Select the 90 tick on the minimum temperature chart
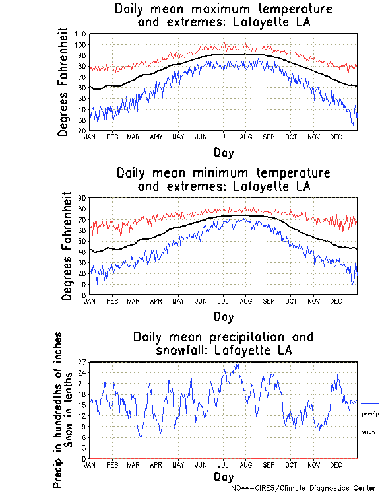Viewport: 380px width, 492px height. [82, 197]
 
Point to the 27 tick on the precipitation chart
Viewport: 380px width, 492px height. [82, 363]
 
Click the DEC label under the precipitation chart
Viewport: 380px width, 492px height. [335, 465]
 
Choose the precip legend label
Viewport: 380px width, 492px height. [371, 413]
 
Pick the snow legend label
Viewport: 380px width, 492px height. [369, 431]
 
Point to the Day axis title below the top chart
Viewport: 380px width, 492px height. [223, 153]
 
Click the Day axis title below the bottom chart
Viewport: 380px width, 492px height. [223, 476]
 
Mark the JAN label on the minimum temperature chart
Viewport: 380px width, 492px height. [90, 300]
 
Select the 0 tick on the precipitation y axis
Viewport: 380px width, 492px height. [84, 458]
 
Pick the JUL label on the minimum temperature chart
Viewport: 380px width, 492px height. [224, 300]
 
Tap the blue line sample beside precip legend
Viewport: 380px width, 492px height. [370, 403]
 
